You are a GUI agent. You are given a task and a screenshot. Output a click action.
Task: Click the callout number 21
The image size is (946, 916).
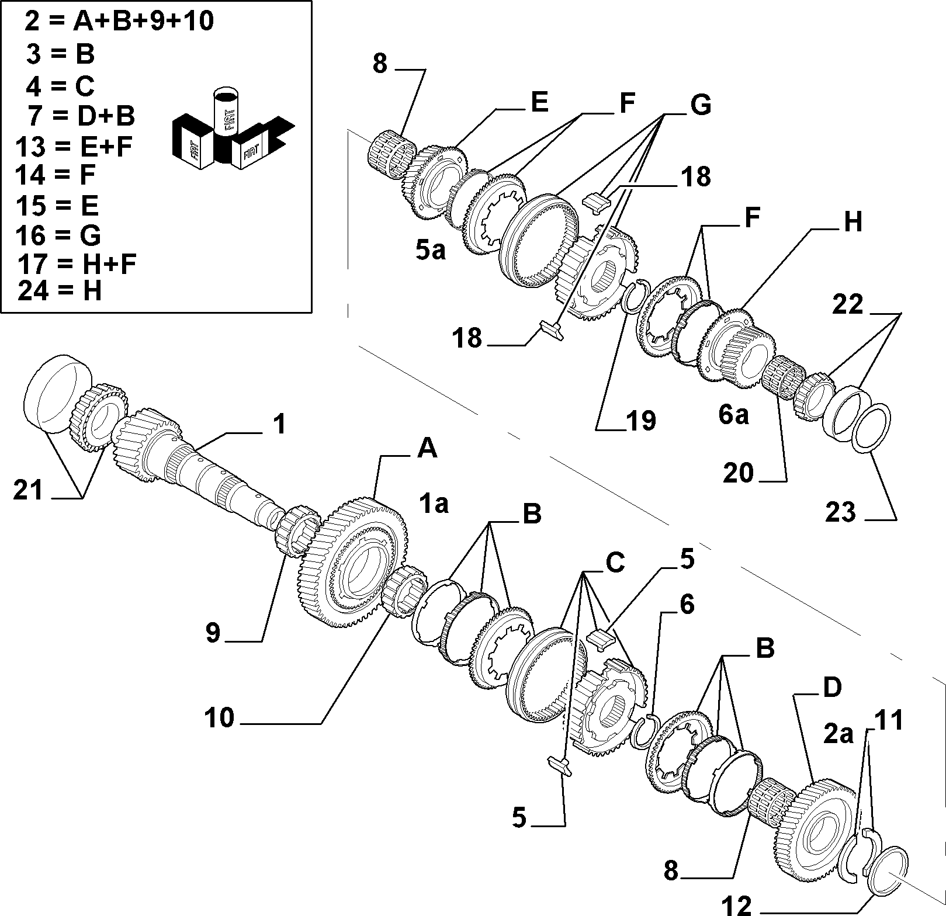(x=29, y=489)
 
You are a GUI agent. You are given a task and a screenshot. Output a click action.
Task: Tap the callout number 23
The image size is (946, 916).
(x=841, y=512)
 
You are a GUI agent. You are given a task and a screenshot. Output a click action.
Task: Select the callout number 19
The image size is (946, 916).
(x=640, y=421)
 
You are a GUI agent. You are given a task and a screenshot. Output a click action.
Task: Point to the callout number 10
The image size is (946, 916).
(x=219, y=717)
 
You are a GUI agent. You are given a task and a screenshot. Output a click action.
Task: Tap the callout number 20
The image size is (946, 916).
(x=738, y=473)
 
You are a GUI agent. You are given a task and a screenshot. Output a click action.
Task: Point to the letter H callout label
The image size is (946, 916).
(x=853, y=222)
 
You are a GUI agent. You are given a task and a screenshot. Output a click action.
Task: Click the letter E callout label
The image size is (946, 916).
(x=539, y=103)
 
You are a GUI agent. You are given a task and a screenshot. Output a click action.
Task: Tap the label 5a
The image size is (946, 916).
(x=431, y=251)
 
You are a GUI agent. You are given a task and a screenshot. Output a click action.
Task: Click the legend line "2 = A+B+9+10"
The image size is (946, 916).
(x=119, y=21)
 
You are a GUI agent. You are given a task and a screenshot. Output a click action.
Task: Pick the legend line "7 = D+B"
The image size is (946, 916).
(x=81, y=116)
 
